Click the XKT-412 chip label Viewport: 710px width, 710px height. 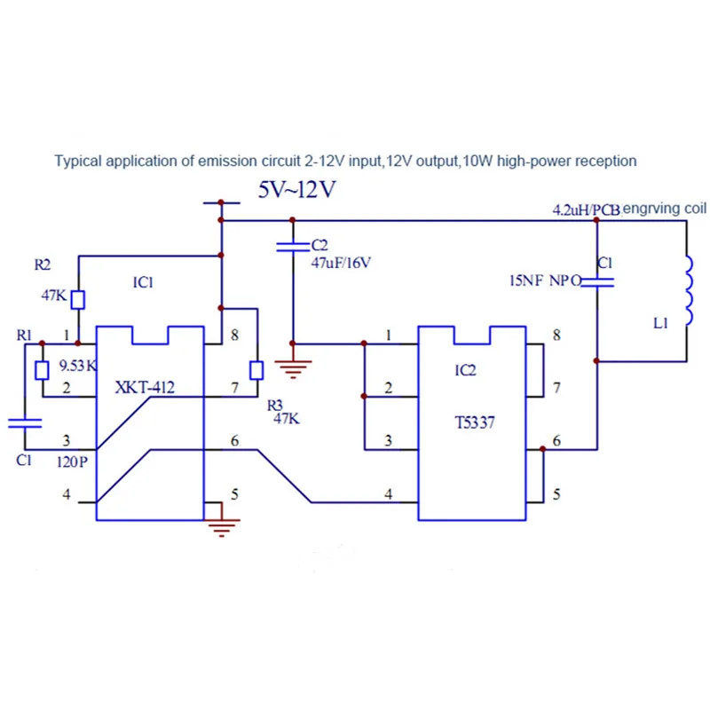[145, 388]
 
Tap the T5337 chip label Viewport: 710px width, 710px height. [475, 423]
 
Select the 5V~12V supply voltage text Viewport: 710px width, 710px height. [297, 189]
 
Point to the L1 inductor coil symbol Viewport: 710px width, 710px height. [689, 290]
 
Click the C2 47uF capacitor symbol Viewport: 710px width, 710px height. [293, 247]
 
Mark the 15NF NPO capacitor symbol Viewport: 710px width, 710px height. [596, 282]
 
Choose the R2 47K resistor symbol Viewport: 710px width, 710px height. [78, 300]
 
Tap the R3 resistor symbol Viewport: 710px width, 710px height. [256, 370]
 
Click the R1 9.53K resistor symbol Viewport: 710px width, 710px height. [42, 370]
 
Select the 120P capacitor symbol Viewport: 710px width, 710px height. [25, 423]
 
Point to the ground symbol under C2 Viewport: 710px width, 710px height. [293, 369]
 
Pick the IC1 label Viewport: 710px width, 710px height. [143, 282]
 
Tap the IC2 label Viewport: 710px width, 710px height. [465, 370]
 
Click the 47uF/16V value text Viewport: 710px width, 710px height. [341, 263]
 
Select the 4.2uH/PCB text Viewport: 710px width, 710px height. [587, 210]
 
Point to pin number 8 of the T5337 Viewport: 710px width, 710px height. [557, 335]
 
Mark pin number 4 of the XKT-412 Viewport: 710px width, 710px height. [67, 494]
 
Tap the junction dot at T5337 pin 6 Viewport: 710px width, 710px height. [542, 449]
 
